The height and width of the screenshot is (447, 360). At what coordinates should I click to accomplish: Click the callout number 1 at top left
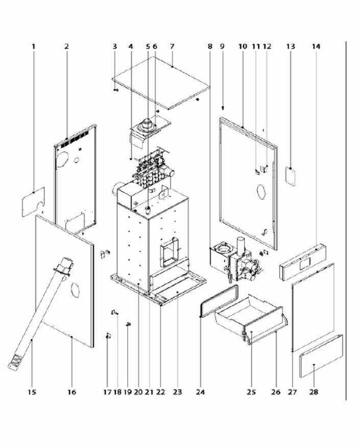[x=33, y=46]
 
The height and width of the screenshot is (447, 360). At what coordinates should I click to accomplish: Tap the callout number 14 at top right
[x=316, y=46]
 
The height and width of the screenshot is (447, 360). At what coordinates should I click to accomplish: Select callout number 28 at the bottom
[x=313, y=392]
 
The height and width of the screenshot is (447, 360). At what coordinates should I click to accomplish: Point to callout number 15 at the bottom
[x=32, y=392]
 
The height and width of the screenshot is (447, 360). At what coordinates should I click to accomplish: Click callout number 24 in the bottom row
[x=200, y=392]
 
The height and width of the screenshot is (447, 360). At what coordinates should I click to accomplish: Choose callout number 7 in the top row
[x=172, y=46]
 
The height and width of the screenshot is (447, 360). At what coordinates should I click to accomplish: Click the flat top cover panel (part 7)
[x=161, y=83]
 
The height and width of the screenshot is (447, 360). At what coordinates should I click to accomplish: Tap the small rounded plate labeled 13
[x=291, y=176]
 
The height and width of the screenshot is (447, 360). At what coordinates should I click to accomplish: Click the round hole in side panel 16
[x=75, y=290]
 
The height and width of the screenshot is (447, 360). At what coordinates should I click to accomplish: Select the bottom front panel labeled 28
[x=321, y=356]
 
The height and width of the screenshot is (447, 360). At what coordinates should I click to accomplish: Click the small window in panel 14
[x=305, y=263]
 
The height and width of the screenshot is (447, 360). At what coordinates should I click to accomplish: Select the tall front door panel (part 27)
[x=313, y=307]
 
